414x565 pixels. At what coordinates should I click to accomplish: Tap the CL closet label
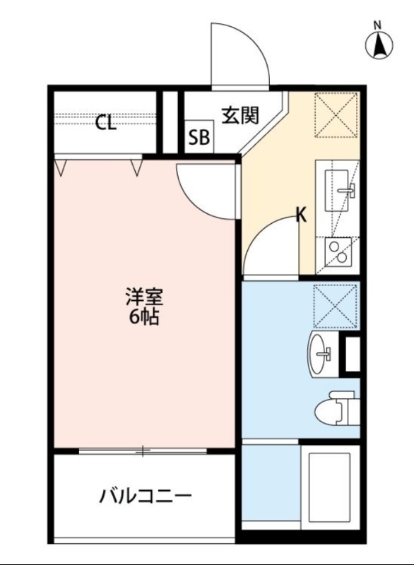click(x=106, y=123)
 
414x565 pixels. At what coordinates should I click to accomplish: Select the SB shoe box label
click(x=199, y=138)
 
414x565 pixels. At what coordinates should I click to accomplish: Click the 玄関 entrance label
click(x=241, y=114)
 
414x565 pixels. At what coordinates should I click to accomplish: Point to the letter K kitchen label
click(x=301, y=215)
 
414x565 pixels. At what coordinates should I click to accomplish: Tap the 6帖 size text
click(x=143, y=317)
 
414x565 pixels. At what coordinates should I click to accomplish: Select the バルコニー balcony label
click(x=145, y=496)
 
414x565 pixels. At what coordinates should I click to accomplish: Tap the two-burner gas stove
click(x=336, y=251)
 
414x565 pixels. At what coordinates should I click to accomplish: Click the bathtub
click(x=329, y=486)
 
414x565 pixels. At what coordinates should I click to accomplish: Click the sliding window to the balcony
click(x=144, y=451)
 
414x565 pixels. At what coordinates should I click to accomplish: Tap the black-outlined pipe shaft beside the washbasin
click(x=351, y=356)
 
